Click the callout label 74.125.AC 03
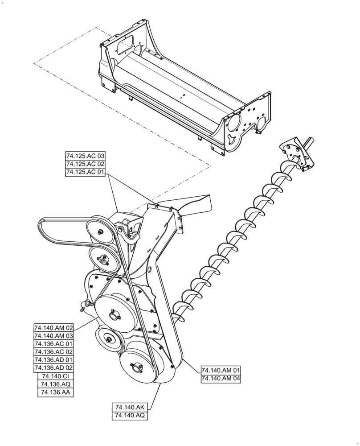(x=85, y=156)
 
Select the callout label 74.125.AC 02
(x=85, y=164)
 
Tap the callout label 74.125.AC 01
(x=85, y=173)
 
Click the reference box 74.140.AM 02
(x=53, y=328)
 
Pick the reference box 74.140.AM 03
(x=53, y=336)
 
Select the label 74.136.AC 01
(x=53, y=344)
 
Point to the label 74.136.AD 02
(x=53, y=368)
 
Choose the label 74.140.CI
(x=55, y=376)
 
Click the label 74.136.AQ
(x=55, y=384)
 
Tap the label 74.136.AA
(x=55, y=392)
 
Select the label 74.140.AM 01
(x=221, y=371)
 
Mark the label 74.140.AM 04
(x=221, y=379)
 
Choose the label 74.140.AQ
(x=130, y=416)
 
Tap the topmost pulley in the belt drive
(x=100, y=230)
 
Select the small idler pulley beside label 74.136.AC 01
(x=108, y=342)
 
